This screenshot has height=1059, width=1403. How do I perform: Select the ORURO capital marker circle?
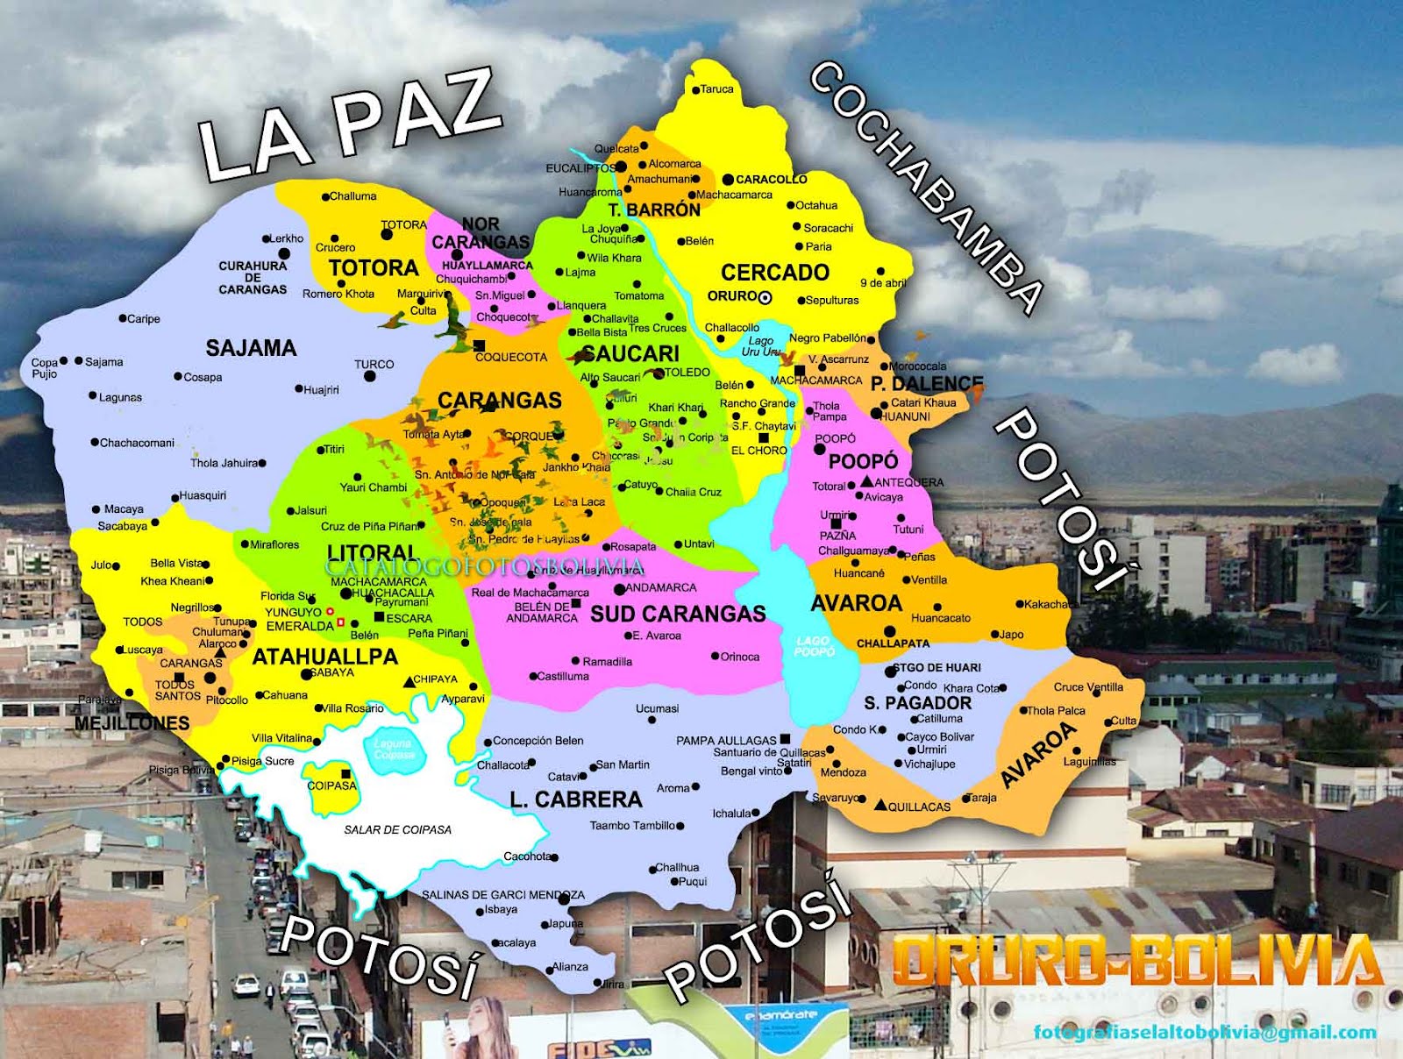[765, 297]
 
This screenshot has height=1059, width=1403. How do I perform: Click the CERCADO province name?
[775, 273]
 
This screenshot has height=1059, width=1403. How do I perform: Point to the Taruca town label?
[716, 89]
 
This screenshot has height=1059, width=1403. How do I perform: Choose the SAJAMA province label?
[251, 348]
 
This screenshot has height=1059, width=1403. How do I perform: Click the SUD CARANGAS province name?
[678, 614]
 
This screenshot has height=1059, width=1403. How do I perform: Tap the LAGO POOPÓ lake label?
[813, 646]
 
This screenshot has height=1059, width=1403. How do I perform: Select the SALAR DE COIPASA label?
[397, 829]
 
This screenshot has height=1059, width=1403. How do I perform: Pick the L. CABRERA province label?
[576, 800]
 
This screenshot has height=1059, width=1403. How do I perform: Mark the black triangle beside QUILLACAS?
[880, 804]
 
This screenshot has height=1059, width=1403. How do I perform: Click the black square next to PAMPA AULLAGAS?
[785, 739]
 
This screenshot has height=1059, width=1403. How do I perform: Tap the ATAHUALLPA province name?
[324, 657]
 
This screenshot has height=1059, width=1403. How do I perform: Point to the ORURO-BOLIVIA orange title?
[1136, 960]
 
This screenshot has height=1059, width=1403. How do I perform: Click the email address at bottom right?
[1204, 1032]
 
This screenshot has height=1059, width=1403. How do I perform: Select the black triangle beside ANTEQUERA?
[866, 481]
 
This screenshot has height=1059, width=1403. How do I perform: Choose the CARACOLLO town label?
[771, 179]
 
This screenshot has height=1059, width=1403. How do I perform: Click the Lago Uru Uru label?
[760, 346]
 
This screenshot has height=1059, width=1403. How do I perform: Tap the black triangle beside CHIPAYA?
[409, 681]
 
